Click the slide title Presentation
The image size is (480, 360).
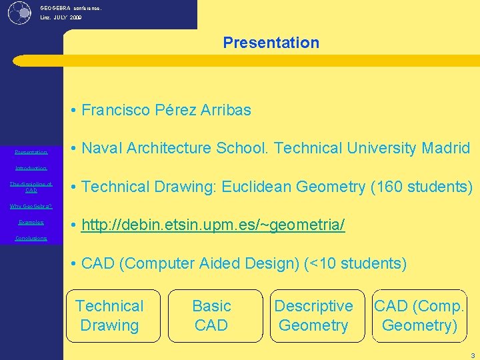tap(271, 43)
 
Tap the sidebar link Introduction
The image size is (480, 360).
tap(31, 168)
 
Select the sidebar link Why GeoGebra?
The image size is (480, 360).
tap(31, 206)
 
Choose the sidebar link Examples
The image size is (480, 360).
tap(31, 222)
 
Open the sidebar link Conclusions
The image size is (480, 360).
tap(31, 238)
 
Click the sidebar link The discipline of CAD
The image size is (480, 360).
tap(31, 187)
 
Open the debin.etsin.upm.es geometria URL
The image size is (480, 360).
tap(213, 225)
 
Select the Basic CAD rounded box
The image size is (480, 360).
tap(211, 316)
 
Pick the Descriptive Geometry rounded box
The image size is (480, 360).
tap(313, 316)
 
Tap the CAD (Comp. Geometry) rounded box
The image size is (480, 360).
tap(419, 316)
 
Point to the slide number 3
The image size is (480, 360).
tap(473, 355)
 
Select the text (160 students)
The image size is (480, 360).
tap(421, 187)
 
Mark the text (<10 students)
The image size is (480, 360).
tap(355, 263)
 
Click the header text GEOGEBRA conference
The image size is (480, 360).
tap(71, 8)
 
